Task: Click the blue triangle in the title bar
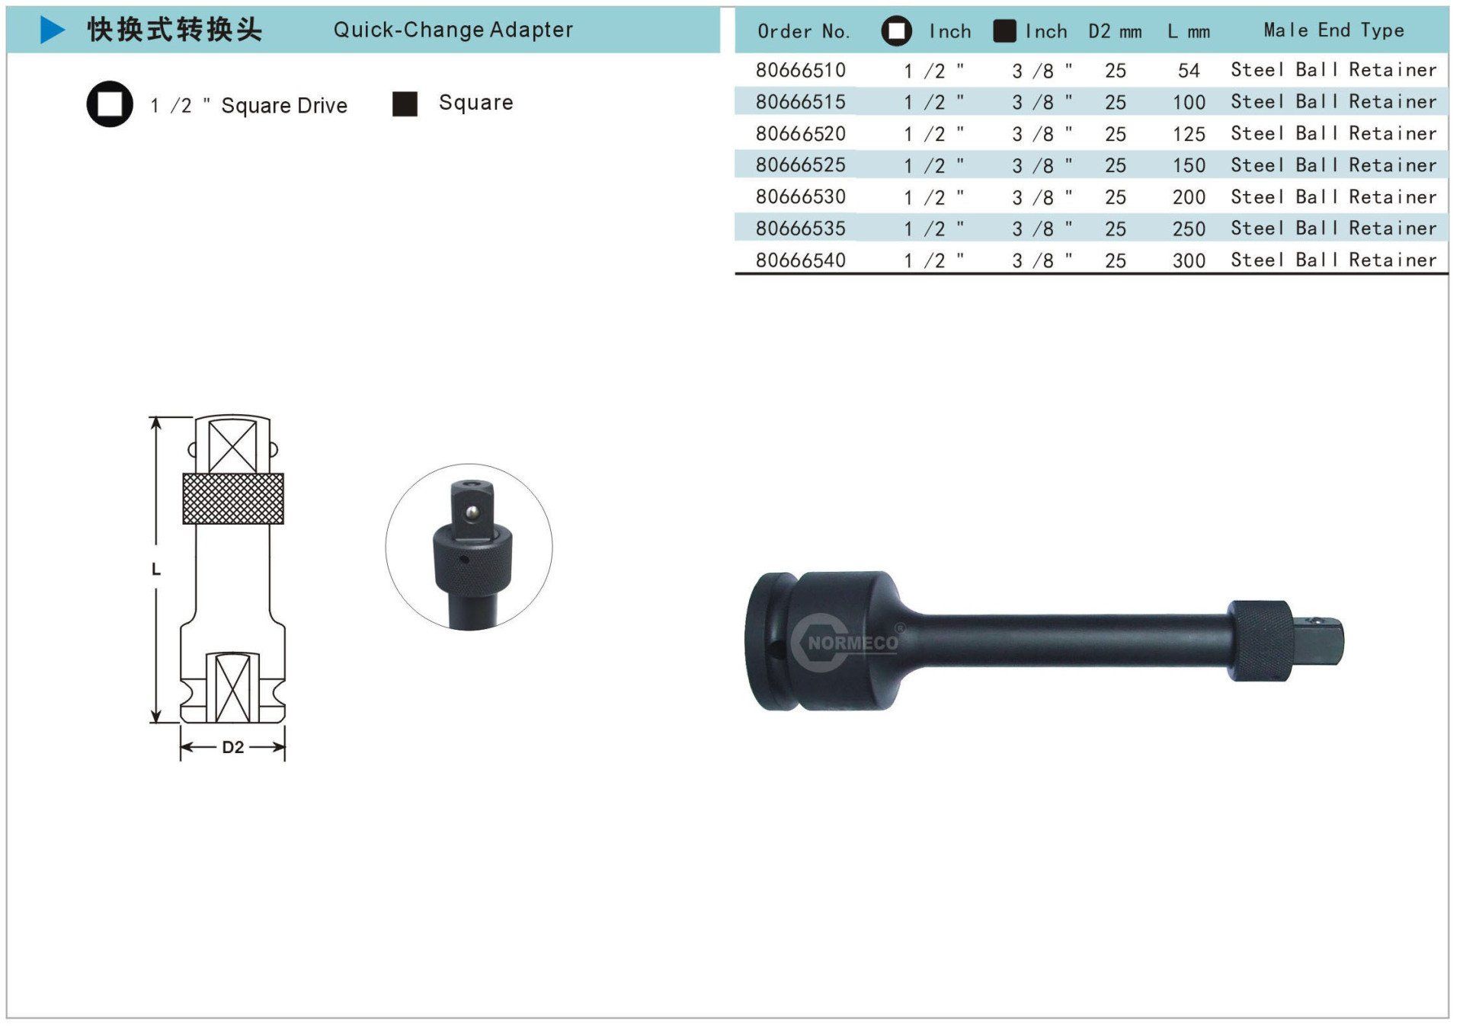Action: (x=51, y=30)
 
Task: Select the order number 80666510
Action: (x=800, y=70)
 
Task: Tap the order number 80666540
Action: (x=800, y=260)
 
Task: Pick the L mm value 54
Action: (x=1189, y=71)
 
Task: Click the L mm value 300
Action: (x=1189, y=260)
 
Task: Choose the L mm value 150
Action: (x=1189, y=165)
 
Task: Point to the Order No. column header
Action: (x=803, y=31)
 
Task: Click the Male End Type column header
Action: (x=1333, y=30)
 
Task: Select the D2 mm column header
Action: (x=1115, y=31)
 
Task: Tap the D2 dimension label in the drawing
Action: (x=232, y=747)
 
